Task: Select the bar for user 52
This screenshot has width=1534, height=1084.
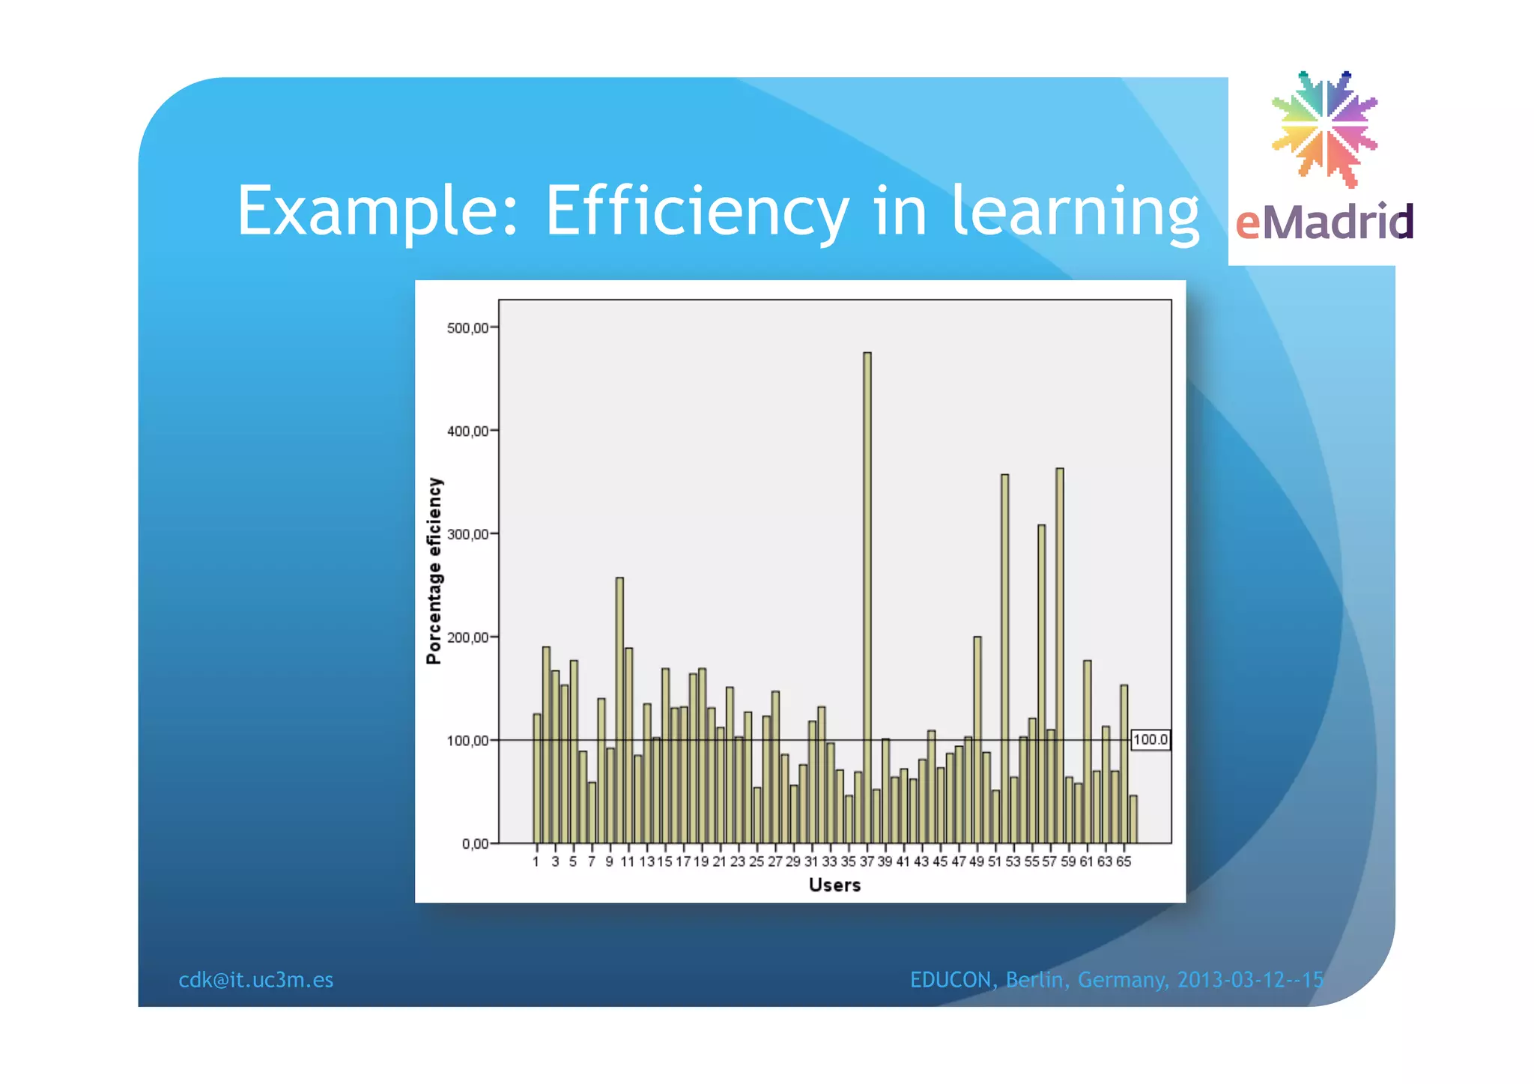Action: [x=1004, y=659]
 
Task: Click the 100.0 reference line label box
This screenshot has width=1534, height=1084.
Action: [x=1150, y=740]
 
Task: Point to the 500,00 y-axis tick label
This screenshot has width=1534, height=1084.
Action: [x=467, y=328]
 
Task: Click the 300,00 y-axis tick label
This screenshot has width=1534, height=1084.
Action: [x=467, y=534]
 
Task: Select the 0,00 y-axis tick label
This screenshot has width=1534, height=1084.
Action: [x=475, y=844]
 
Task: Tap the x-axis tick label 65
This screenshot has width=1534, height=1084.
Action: [x=1124, y=862]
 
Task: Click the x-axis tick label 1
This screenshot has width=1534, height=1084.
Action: [x=536, y=862]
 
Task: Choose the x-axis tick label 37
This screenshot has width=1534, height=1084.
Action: [x=867, y=862]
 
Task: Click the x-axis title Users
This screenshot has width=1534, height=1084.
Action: [x=834, y=885]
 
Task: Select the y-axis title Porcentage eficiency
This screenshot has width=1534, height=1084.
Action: [x=434, y=571]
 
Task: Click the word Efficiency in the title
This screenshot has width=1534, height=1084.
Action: [x=697, y=212]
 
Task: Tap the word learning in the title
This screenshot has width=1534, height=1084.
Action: [x=1076, y=212]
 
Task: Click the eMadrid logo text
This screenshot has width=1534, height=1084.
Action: [x=1324, y=222]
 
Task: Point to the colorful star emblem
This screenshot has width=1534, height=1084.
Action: [x=1324, y=127]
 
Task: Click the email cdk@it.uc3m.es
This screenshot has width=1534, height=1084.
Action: [x=255, y=980]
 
